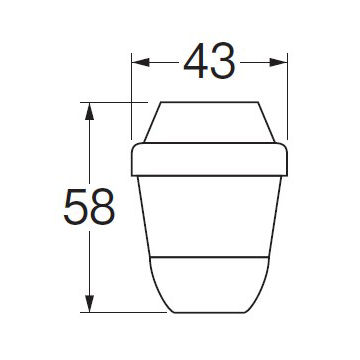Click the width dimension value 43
209,61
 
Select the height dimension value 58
89,207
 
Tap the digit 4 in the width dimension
196,61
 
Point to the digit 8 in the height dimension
103,207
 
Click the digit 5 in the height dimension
75,207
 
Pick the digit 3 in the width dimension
224,61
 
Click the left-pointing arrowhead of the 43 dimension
141,62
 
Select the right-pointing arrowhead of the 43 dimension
278,62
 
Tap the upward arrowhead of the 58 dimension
89,111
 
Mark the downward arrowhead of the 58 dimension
89,304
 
